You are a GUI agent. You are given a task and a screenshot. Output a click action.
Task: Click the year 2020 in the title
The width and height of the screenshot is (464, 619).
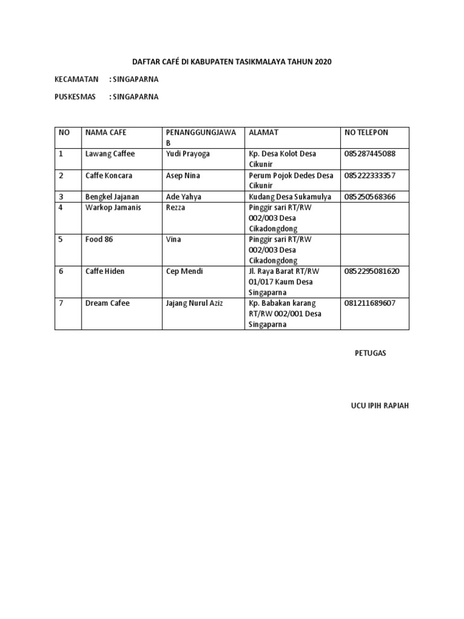(x=323, y=62)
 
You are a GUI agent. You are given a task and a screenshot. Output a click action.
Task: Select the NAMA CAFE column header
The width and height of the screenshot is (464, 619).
(x=106, y=132)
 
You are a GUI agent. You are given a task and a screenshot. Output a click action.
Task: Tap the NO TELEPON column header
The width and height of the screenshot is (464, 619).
(x=366, y=132)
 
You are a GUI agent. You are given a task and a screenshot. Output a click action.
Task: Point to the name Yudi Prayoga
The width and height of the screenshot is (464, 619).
(x=187, y=154)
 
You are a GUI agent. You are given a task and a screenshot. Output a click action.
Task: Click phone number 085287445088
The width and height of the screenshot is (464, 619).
(x=370, y=154)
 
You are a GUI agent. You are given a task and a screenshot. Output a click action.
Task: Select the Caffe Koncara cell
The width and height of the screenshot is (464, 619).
(x=108, y=175)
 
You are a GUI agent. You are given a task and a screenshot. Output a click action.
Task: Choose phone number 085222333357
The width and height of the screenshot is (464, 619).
(x=370, y=175)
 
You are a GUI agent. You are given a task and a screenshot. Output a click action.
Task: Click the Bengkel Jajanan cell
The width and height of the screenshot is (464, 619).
(x=112, y=196)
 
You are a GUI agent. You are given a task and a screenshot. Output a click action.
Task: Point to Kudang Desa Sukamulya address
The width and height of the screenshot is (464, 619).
(x=289, y=196)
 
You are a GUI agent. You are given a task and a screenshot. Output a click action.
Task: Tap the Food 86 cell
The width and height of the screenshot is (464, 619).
(x=99, y=239)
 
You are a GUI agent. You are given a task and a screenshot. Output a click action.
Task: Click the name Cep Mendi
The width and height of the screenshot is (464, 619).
(x=184, y=271)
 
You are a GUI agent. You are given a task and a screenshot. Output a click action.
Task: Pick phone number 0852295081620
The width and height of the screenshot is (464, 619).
(x=372, y=271)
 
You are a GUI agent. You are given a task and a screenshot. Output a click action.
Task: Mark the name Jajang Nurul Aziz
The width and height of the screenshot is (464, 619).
(x=194, y=303)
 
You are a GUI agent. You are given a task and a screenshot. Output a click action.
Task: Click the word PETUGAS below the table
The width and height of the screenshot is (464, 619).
(x=370, y=354)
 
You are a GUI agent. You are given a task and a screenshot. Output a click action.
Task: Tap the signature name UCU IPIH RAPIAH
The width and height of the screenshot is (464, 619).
(x=376, y=406)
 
